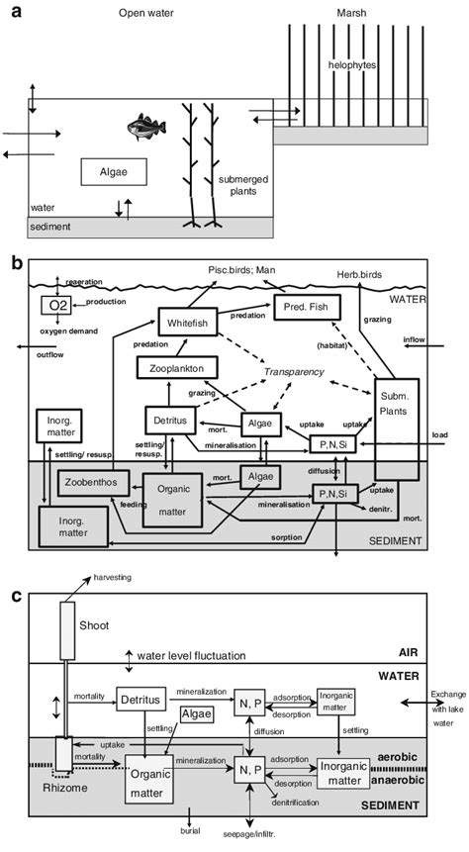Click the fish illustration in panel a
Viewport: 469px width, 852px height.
[142, 127]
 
